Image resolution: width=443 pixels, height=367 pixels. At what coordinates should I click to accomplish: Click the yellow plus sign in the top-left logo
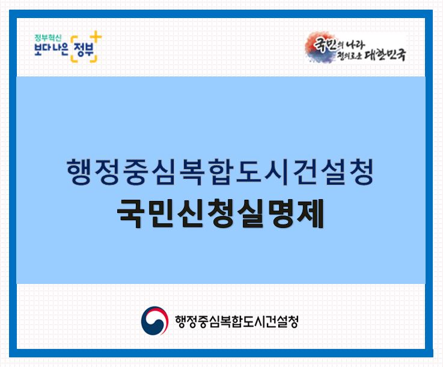[97, 37]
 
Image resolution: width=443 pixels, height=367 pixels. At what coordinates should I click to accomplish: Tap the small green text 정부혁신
[47, 38]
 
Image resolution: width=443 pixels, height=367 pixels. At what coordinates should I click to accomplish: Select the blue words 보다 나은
[51, 49]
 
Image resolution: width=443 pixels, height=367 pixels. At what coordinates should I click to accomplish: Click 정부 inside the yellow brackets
[84, 50]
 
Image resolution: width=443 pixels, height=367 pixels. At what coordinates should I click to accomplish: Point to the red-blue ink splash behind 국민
[320, 47]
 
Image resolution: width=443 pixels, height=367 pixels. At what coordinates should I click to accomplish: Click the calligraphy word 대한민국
[386, 54]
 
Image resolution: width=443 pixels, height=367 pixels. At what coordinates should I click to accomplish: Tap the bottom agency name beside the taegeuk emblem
[236, 321]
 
